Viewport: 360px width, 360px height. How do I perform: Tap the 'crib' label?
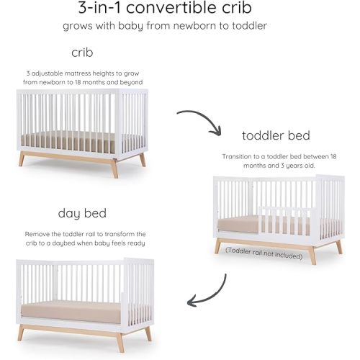pos(82,53)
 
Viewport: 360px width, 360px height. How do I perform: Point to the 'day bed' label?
pos(81,214)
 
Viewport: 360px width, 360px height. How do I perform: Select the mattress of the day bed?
pos(82,311)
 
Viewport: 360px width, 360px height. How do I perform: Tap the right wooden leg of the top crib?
pos(141,159)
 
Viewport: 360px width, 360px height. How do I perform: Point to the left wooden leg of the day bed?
pos(22,333)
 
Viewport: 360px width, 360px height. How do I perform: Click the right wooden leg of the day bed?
pos(148,333)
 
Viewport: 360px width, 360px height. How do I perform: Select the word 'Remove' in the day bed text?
pos(38,234)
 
